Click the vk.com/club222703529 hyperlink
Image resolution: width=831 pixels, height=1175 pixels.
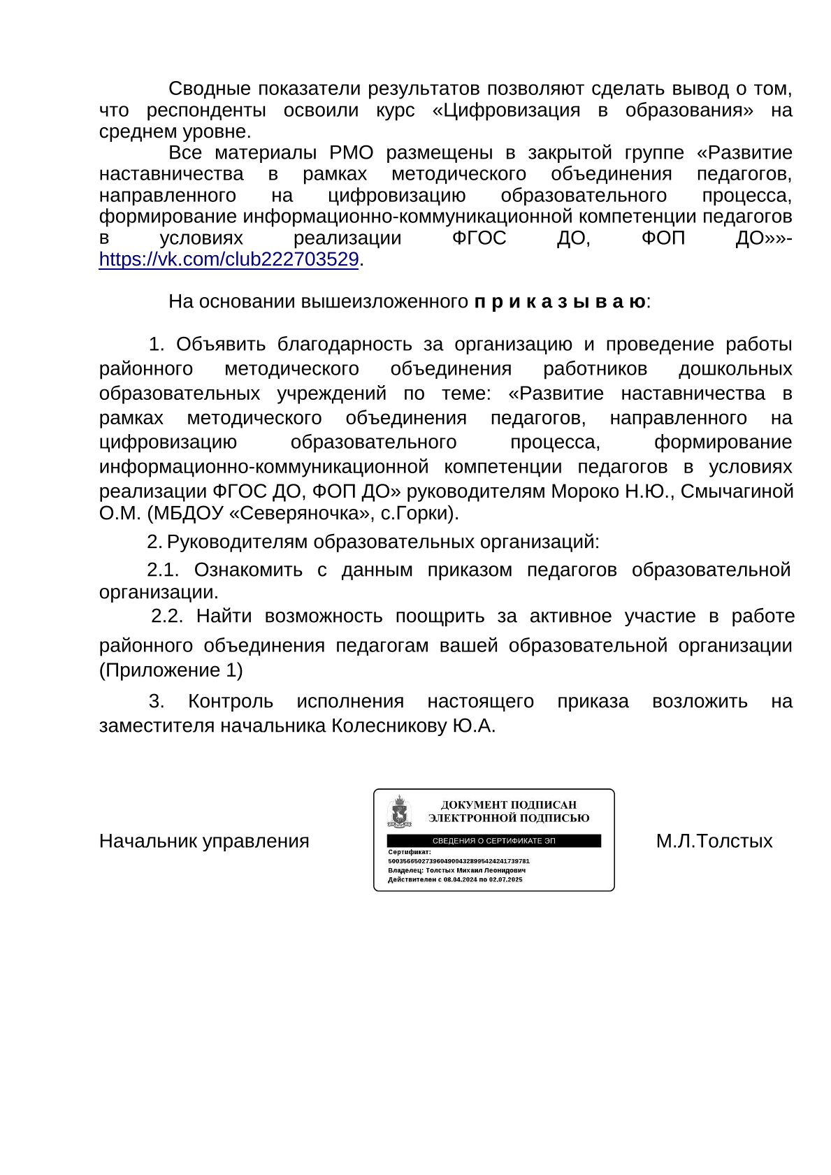(229, 259)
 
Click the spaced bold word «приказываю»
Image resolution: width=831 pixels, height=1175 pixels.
(560, 302)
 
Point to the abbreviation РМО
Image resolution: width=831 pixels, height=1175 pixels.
(352, 153)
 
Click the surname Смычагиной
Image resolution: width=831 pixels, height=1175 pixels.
(737, 491)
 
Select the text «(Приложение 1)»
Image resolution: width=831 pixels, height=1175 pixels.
(171, 670)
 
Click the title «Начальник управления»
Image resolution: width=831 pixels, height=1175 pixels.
(204, 841)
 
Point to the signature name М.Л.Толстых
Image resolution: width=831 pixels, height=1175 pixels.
(714, 841)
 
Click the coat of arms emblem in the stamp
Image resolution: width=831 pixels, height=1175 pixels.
(399, 812)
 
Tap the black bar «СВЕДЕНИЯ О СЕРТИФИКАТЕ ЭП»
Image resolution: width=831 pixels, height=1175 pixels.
(493, 841)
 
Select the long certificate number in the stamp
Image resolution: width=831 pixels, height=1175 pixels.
(458, 861)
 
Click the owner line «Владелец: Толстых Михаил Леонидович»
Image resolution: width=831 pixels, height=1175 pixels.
(456, 870)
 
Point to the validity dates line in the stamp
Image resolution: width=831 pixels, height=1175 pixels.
(455, 879)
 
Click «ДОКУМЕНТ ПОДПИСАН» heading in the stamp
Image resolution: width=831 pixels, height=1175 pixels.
(508, 805)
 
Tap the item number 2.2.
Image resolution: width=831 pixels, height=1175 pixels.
(167, 617)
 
